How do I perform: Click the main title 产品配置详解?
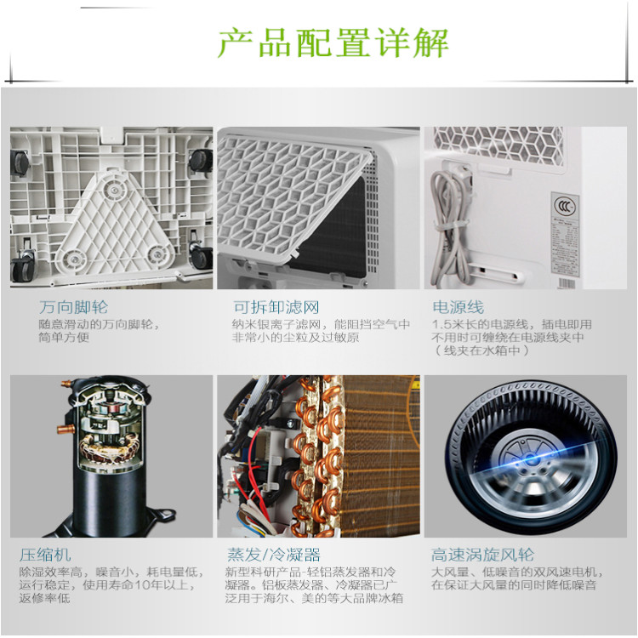[x=333, y=43]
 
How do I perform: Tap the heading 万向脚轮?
[x=74, y=307]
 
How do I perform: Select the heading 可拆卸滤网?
[x=276, y=307]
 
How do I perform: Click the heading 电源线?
[x=459, y=307]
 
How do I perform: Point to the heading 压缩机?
[x=45, y=555]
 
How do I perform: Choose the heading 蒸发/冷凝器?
[x=273, y=555]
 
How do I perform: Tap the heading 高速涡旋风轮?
[x=482, y=555]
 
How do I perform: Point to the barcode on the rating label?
[x=566, y=283]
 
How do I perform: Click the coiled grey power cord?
[x=447, y=228]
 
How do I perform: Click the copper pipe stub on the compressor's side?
[x=65, y=429]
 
